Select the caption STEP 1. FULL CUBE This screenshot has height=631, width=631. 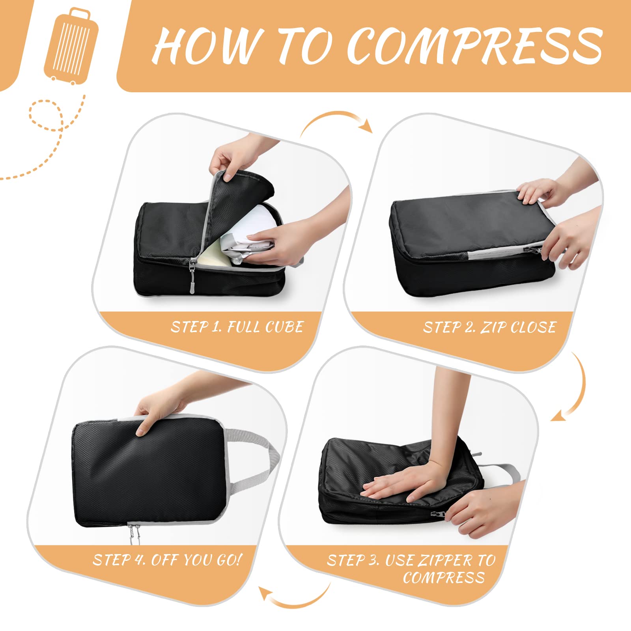[237, 327]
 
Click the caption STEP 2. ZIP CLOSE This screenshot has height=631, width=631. [489, 327]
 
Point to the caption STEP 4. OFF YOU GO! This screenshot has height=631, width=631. [167, 560]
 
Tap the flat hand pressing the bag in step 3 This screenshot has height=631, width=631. [406, 481]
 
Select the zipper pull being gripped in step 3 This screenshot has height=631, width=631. [438, 514]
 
